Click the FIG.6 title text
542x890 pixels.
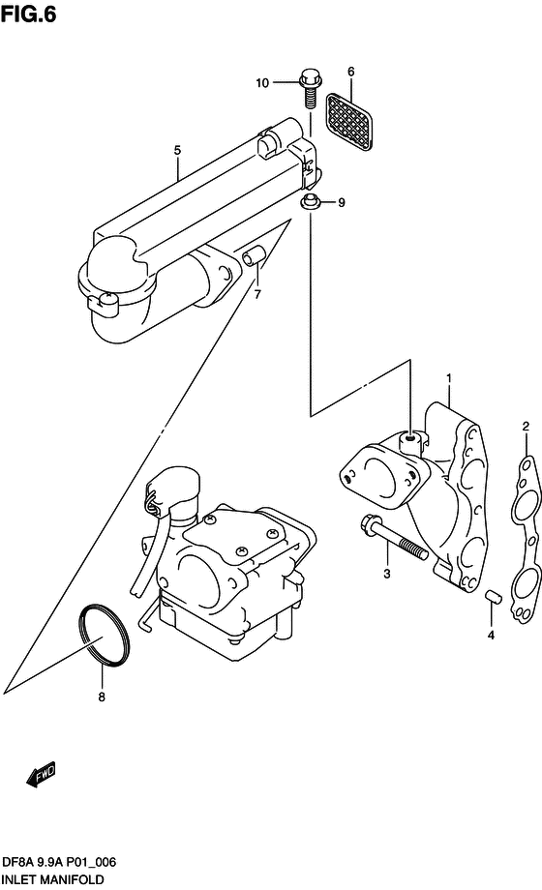29,15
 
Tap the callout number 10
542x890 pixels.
262,83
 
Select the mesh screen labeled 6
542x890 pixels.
349,122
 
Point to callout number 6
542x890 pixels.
351,72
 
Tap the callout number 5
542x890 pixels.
177,150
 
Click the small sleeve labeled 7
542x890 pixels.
253,255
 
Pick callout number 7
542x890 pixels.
257,295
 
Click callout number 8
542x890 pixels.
102,697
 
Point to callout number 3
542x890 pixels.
387,574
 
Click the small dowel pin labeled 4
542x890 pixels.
492,597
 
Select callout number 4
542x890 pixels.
491,636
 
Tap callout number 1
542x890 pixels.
449,378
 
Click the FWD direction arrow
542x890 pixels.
41,774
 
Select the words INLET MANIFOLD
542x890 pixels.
52,880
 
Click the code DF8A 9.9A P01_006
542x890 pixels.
58,863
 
